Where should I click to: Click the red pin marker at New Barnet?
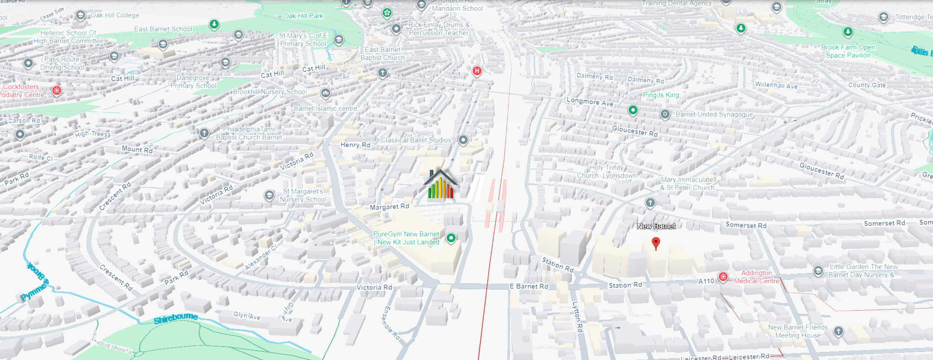656,243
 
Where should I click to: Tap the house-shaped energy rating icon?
441,185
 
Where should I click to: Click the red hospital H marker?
477,71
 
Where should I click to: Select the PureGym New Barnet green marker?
451,238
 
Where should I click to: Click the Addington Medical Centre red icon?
723,277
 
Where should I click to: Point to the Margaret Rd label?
389,207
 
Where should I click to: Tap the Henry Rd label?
355,145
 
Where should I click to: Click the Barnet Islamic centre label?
325,108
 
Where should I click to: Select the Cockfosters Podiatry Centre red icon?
56,91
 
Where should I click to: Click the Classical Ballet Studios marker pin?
463,140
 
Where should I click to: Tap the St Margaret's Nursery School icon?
269,195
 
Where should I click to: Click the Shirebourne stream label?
176,318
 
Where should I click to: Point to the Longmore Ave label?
590,102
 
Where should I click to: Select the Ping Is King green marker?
633,110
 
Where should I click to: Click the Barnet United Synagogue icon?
665,114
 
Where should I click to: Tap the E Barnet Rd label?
529,286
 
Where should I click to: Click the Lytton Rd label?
577,317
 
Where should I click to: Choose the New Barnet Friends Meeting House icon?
838,331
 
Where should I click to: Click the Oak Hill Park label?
303,16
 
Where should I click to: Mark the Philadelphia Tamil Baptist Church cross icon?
204,133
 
